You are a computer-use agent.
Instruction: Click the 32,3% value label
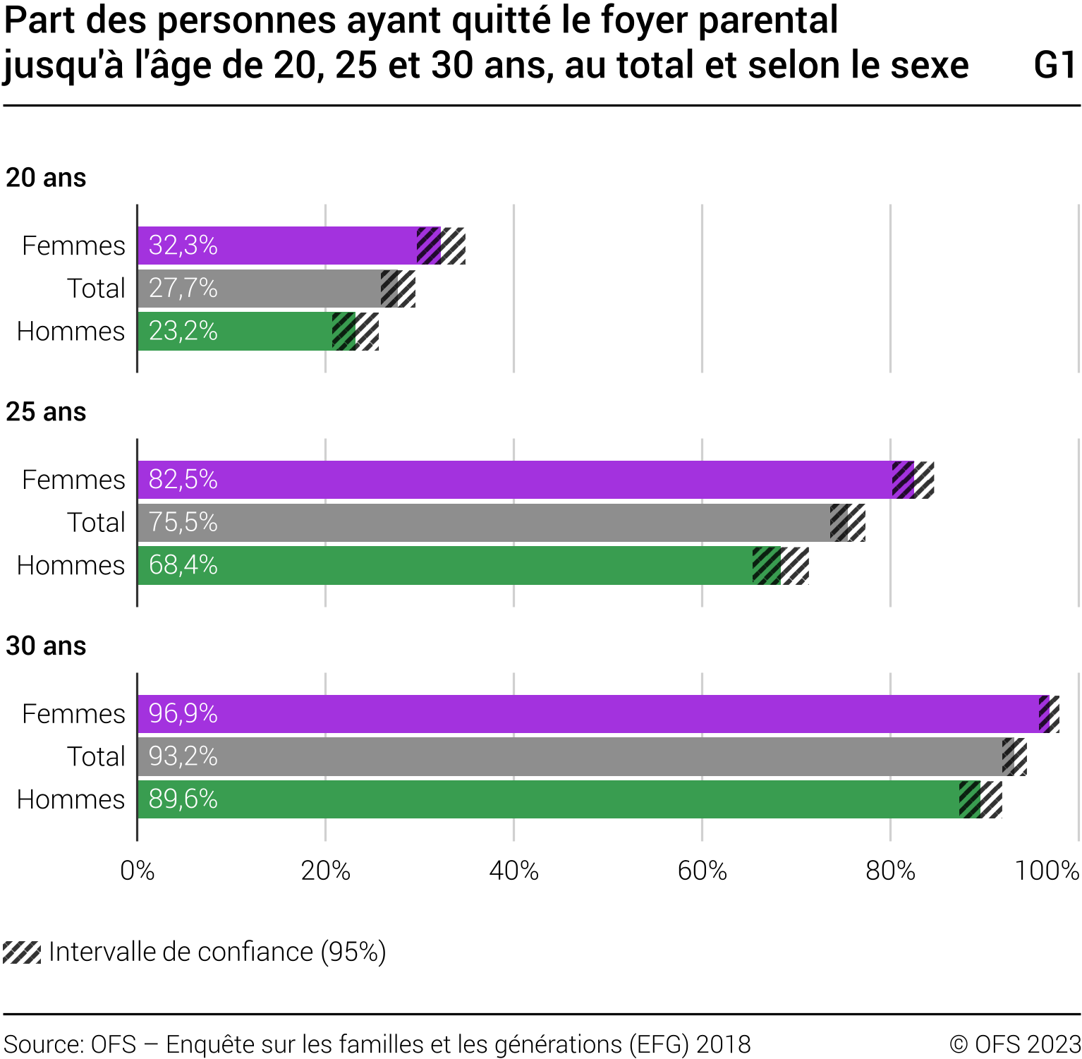183,246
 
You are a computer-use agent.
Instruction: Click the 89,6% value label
183,799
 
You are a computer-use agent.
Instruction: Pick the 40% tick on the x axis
513,871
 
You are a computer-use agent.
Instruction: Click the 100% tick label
1047,871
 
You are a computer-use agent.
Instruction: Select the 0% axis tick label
137,871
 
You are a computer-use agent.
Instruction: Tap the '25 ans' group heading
46,412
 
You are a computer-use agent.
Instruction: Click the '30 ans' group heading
46,646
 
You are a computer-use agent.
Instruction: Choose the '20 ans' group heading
46,178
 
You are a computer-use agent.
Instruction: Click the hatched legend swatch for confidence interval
22,952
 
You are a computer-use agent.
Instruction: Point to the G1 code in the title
1055,65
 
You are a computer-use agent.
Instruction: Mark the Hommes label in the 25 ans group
71,566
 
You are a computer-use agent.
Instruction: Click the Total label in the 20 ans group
96,289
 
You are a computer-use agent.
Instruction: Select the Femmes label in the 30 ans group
73,714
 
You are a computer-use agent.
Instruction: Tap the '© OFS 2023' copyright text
1015,1044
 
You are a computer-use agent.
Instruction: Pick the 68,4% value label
183,566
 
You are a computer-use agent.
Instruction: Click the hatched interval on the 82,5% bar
913,480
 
